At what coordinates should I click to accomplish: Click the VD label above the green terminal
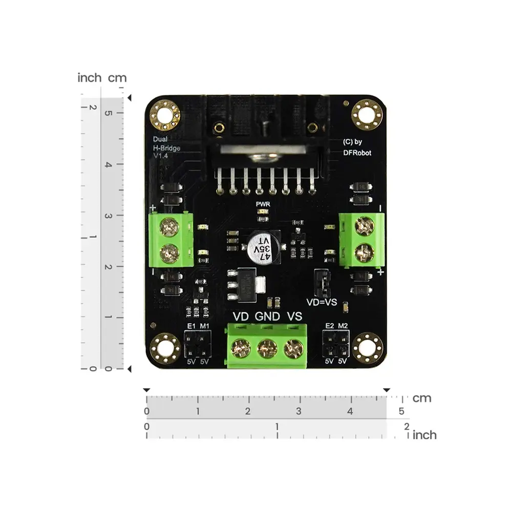click(x=241, y=316)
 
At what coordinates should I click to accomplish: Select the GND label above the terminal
click(x=267, y=316)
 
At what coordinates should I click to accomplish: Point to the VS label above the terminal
click(x=294, y=316)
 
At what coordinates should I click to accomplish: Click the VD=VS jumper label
click(x=322, y=302)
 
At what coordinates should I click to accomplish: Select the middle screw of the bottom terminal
click(x=265, y=350)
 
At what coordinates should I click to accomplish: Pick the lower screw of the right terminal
click(x=364, y=251)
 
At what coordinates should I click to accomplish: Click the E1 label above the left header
click(x=191, y=326)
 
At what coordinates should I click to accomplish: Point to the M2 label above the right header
click(x=343, y=326)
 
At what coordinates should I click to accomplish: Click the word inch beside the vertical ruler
click(x=90, y=78)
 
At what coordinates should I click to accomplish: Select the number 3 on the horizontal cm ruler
click(x=298, y=411)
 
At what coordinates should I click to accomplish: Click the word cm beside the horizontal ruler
click(x=422, y=398)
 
